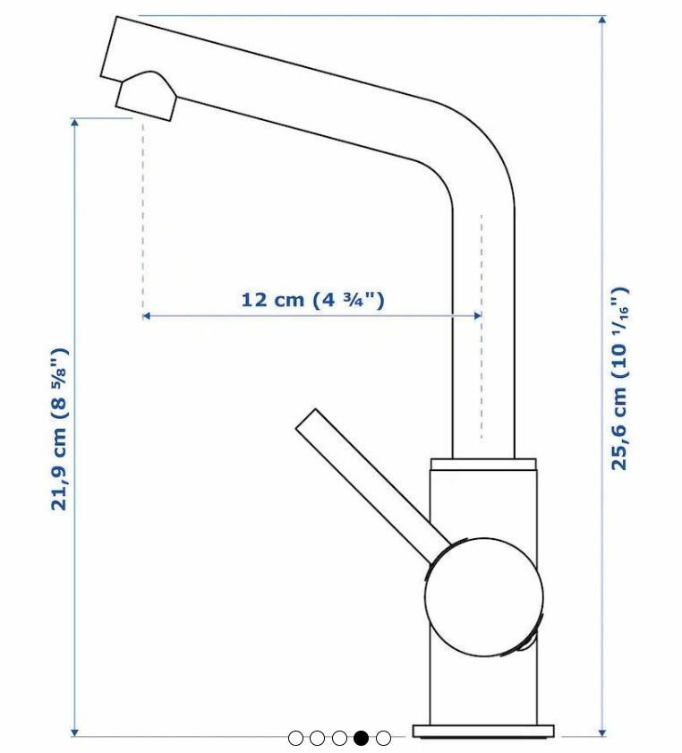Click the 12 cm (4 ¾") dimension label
pos(312,299)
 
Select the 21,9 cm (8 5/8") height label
pos(59,429)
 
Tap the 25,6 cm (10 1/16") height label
pos(619,378)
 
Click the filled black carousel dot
pos(361,738)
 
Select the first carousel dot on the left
pos(295,738)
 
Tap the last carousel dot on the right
pos(383,738)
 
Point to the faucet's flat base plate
pos(483,731)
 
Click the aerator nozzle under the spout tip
pos(145,97)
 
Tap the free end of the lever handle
pos(307,422)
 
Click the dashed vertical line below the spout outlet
pos(142,215)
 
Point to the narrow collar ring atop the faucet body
pos(483,464)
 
